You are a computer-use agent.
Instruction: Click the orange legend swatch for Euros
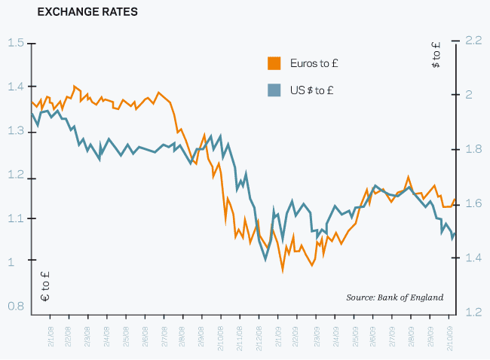[274, 63]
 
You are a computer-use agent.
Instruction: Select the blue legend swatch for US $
[274, 90]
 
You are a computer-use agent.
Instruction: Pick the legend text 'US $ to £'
[313, 90]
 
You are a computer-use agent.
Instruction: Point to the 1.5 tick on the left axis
[15, 42]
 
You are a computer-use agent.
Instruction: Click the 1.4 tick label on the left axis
[15, 87]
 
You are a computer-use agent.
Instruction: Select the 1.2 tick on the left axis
[15, 175]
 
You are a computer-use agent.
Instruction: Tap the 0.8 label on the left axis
[15, 307]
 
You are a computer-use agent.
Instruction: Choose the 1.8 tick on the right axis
[473, 149]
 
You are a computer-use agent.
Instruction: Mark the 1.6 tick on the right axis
[473, 203]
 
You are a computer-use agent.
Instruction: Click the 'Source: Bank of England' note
[394, 297]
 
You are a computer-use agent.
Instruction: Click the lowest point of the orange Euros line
[283, 271]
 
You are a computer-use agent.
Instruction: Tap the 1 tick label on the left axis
[11, 262]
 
